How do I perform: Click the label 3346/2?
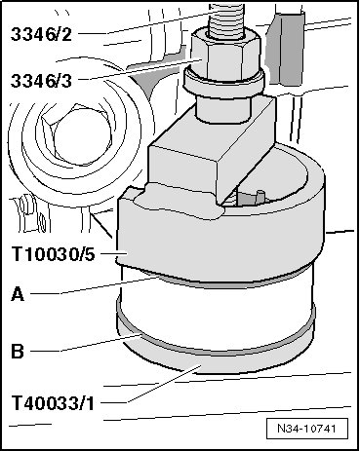[41, 34]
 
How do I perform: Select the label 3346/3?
[41, 81]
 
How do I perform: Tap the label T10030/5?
[54, 254]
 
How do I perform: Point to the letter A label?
[18, 295]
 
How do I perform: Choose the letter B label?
[18, 352]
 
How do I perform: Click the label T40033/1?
[53, 403]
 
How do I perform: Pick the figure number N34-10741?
[306, 429]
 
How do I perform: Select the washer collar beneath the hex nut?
[224, 85]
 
